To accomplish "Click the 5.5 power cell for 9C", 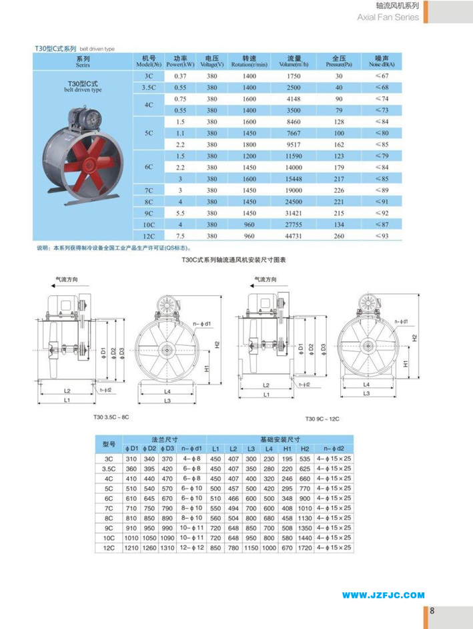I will tap(180, 213).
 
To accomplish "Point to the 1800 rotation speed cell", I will tap(250, 144).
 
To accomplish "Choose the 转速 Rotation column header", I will tap(250, 61).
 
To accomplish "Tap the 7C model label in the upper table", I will tap(149, 190).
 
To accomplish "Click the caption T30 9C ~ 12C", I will tap(324, 419).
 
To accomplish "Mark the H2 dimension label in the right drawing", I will tap(414, 339).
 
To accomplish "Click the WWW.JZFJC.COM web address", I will tap(384, 594).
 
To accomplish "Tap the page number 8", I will tap(432, 610).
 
